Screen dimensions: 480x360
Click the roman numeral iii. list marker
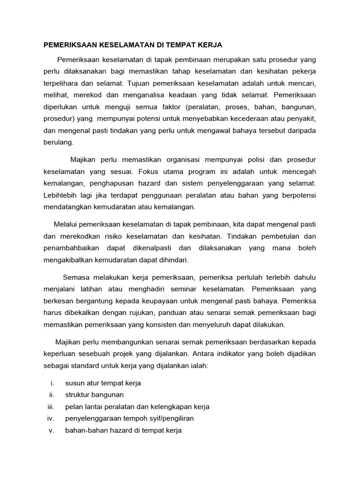51,406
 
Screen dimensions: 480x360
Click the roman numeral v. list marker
52,430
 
